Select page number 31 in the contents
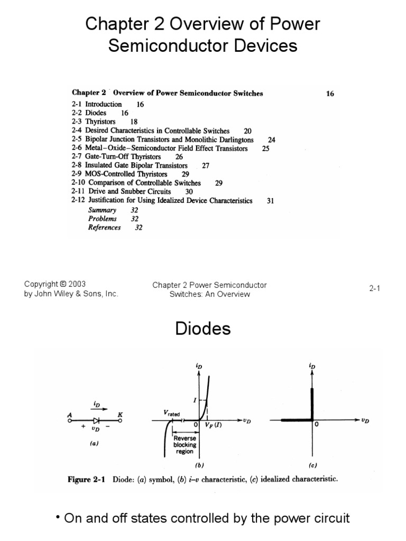point(270,201)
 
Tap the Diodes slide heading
point(203,329)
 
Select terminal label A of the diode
point(69,415)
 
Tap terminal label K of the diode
point(120,415)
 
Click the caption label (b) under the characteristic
point(199,465)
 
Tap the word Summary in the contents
point(102,210)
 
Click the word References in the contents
point(104,228)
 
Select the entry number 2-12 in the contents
point(78,201)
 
